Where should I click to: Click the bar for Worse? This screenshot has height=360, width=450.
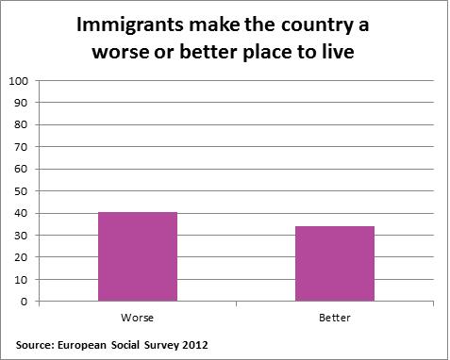(139, 257)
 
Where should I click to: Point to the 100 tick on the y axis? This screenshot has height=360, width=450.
(17, 80)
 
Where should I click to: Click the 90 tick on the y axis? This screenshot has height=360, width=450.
(20, 103)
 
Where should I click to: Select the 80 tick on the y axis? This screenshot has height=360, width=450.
(20, 124)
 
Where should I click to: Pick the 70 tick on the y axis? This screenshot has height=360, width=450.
(20, 147)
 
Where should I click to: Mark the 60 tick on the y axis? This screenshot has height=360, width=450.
(20, 169)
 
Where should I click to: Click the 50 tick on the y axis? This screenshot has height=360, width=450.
(20, 191)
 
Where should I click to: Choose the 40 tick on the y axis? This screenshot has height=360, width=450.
(20, 213)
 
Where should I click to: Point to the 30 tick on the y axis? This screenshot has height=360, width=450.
(20, 236)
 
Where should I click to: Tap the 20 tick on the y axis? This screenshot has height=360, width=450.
(20, 257)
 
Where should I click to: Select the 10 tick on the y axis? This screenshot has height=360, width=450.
(20, 280)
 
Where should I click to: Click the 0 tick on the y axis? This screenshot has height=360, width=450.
(23, 302)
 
